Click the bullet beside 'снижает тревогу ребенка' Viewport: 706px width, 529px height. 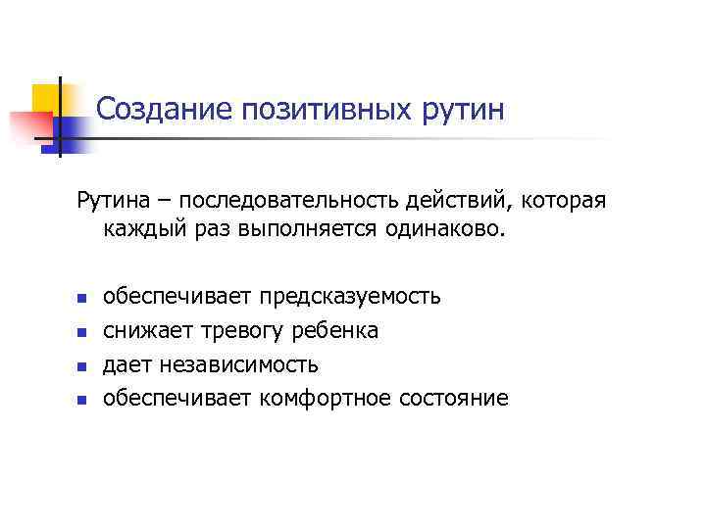(x=82, y=332)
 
